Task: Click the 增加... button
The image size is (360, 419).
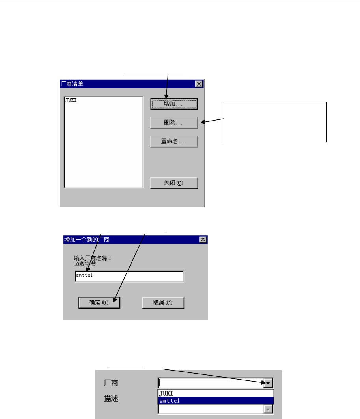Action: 174,104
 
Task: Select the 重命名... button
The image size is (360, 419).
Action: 174,141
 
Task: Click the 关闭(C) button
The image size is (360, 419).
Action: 174,183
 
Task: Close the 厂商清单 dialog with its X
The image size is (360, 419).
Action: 199,84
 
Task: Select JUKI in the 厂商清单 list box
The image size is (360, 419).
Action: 71,101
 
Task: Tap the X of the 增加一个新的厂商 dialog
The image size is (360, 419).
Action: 203,240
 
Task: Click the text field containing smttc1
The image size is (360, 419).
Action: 129,276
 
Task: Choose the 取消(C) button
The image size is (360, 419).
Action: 163,303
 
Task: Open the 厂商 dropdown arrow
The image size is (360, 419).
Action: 268,382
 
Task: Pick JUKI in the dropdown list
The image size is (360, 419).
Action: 166,393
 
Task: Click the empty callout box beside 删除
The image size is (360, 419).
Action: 275,122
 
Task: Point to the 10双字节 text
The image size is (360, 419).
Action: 85,264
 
